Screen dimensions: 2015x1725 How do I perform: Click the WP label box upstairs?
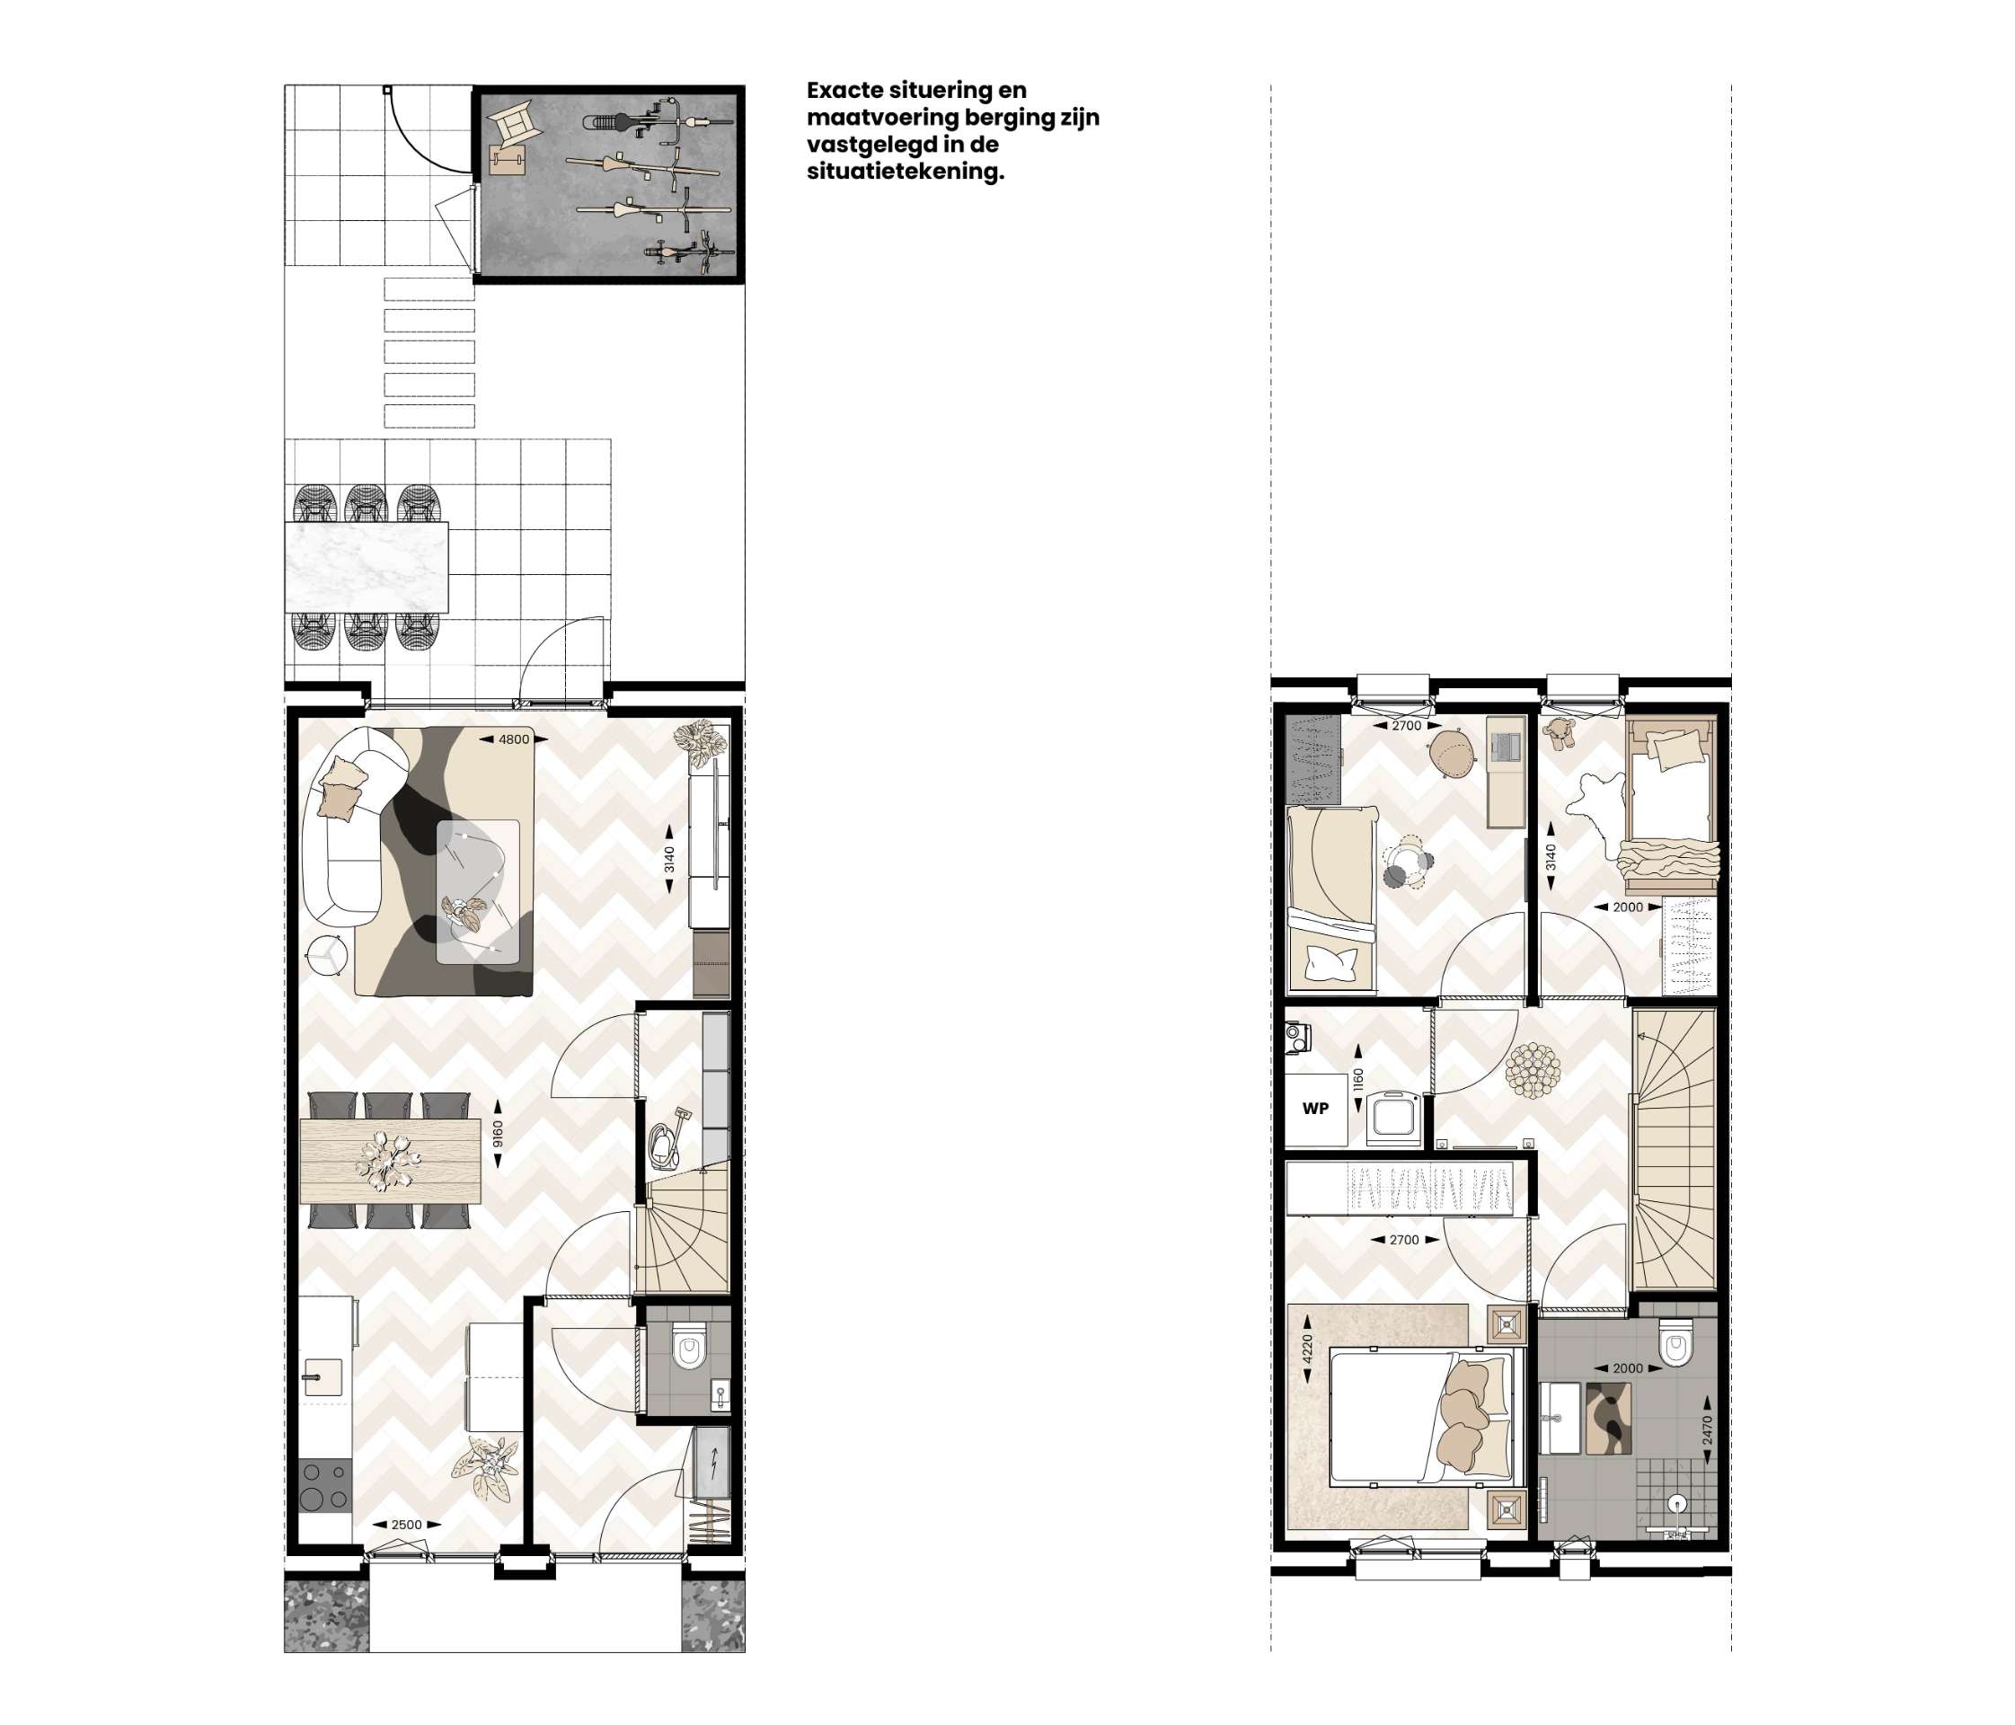(x=1316, y=1109)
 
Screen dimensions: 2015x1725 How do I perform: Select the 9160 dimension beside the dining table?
(x=498, y=1134)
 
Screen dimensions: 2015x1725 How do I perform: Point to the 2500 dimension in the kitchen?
(x=406, y=1525)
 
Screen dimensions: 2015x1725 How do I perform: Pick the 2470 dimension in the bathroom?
(x=1708, y=1429)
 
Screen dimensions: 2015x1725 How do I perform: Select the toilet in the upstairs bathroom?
(x=1675, y=1343)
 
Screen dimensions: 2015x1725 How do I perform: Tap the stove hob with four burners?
(x=323, y=1486)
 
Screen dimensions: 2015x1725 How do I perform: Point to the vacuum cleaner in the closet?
(x=667, y=1137)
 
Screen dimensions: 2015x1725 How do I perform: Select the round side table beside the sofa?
(x=328, y=954)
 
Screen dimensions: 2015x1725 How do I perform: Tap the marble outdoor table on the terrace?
(x=367, y=567)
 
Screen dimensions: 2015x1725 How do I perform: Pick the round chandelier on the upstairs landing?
(x=1533, y=1071)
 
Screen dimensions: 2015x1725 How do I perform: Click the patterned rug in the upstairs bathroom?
(x=1609, y=1419)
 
